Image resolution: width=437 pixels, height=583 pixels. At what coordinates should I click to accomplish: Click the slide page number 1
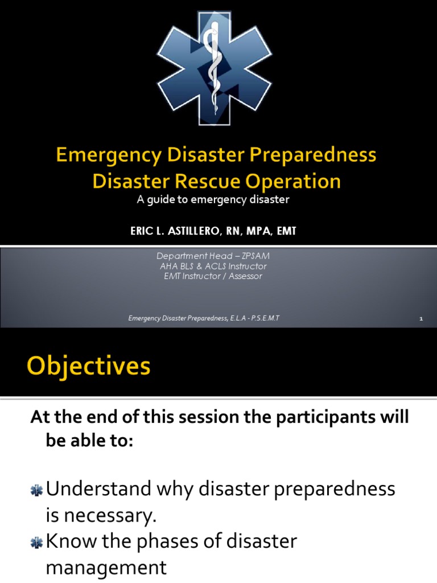[x=421, y=319]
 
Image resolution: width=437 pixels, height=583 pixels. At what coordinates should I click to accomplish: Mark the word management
[x=106, y=568]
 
